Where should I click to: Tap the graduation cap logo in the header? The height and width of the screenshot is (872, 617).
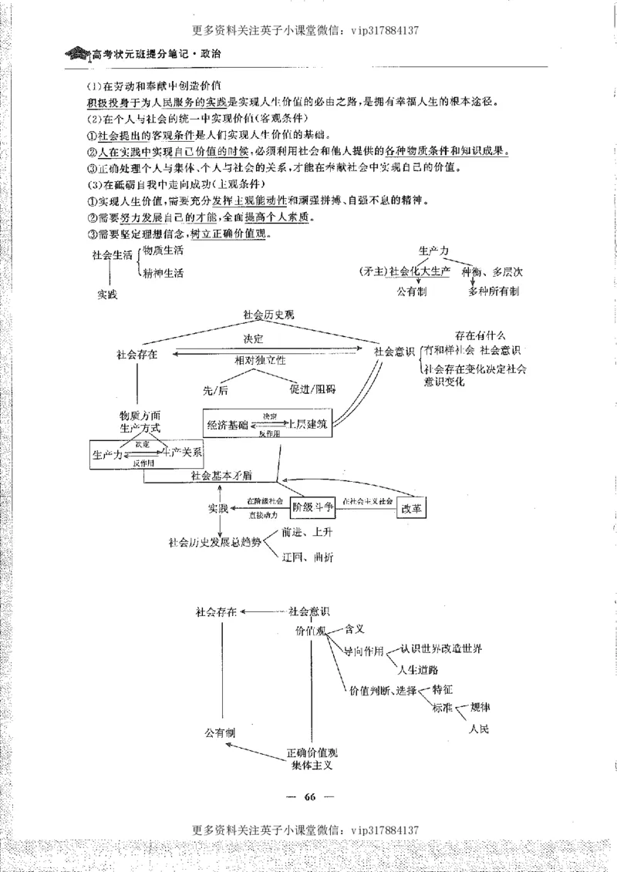[78, 55]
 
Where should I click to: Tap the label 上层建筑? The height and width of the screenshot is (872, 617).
[305, 425]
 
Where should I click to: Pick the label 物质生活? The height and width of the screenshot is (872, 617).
[163, 251]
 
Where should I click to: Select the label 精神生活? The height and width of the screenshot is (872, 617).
[163, 273]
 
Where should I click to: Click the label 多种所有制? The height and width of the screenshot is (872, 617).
[494, 291]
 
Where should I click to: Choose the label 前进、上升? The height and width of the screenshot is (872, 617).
[308, 532]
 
